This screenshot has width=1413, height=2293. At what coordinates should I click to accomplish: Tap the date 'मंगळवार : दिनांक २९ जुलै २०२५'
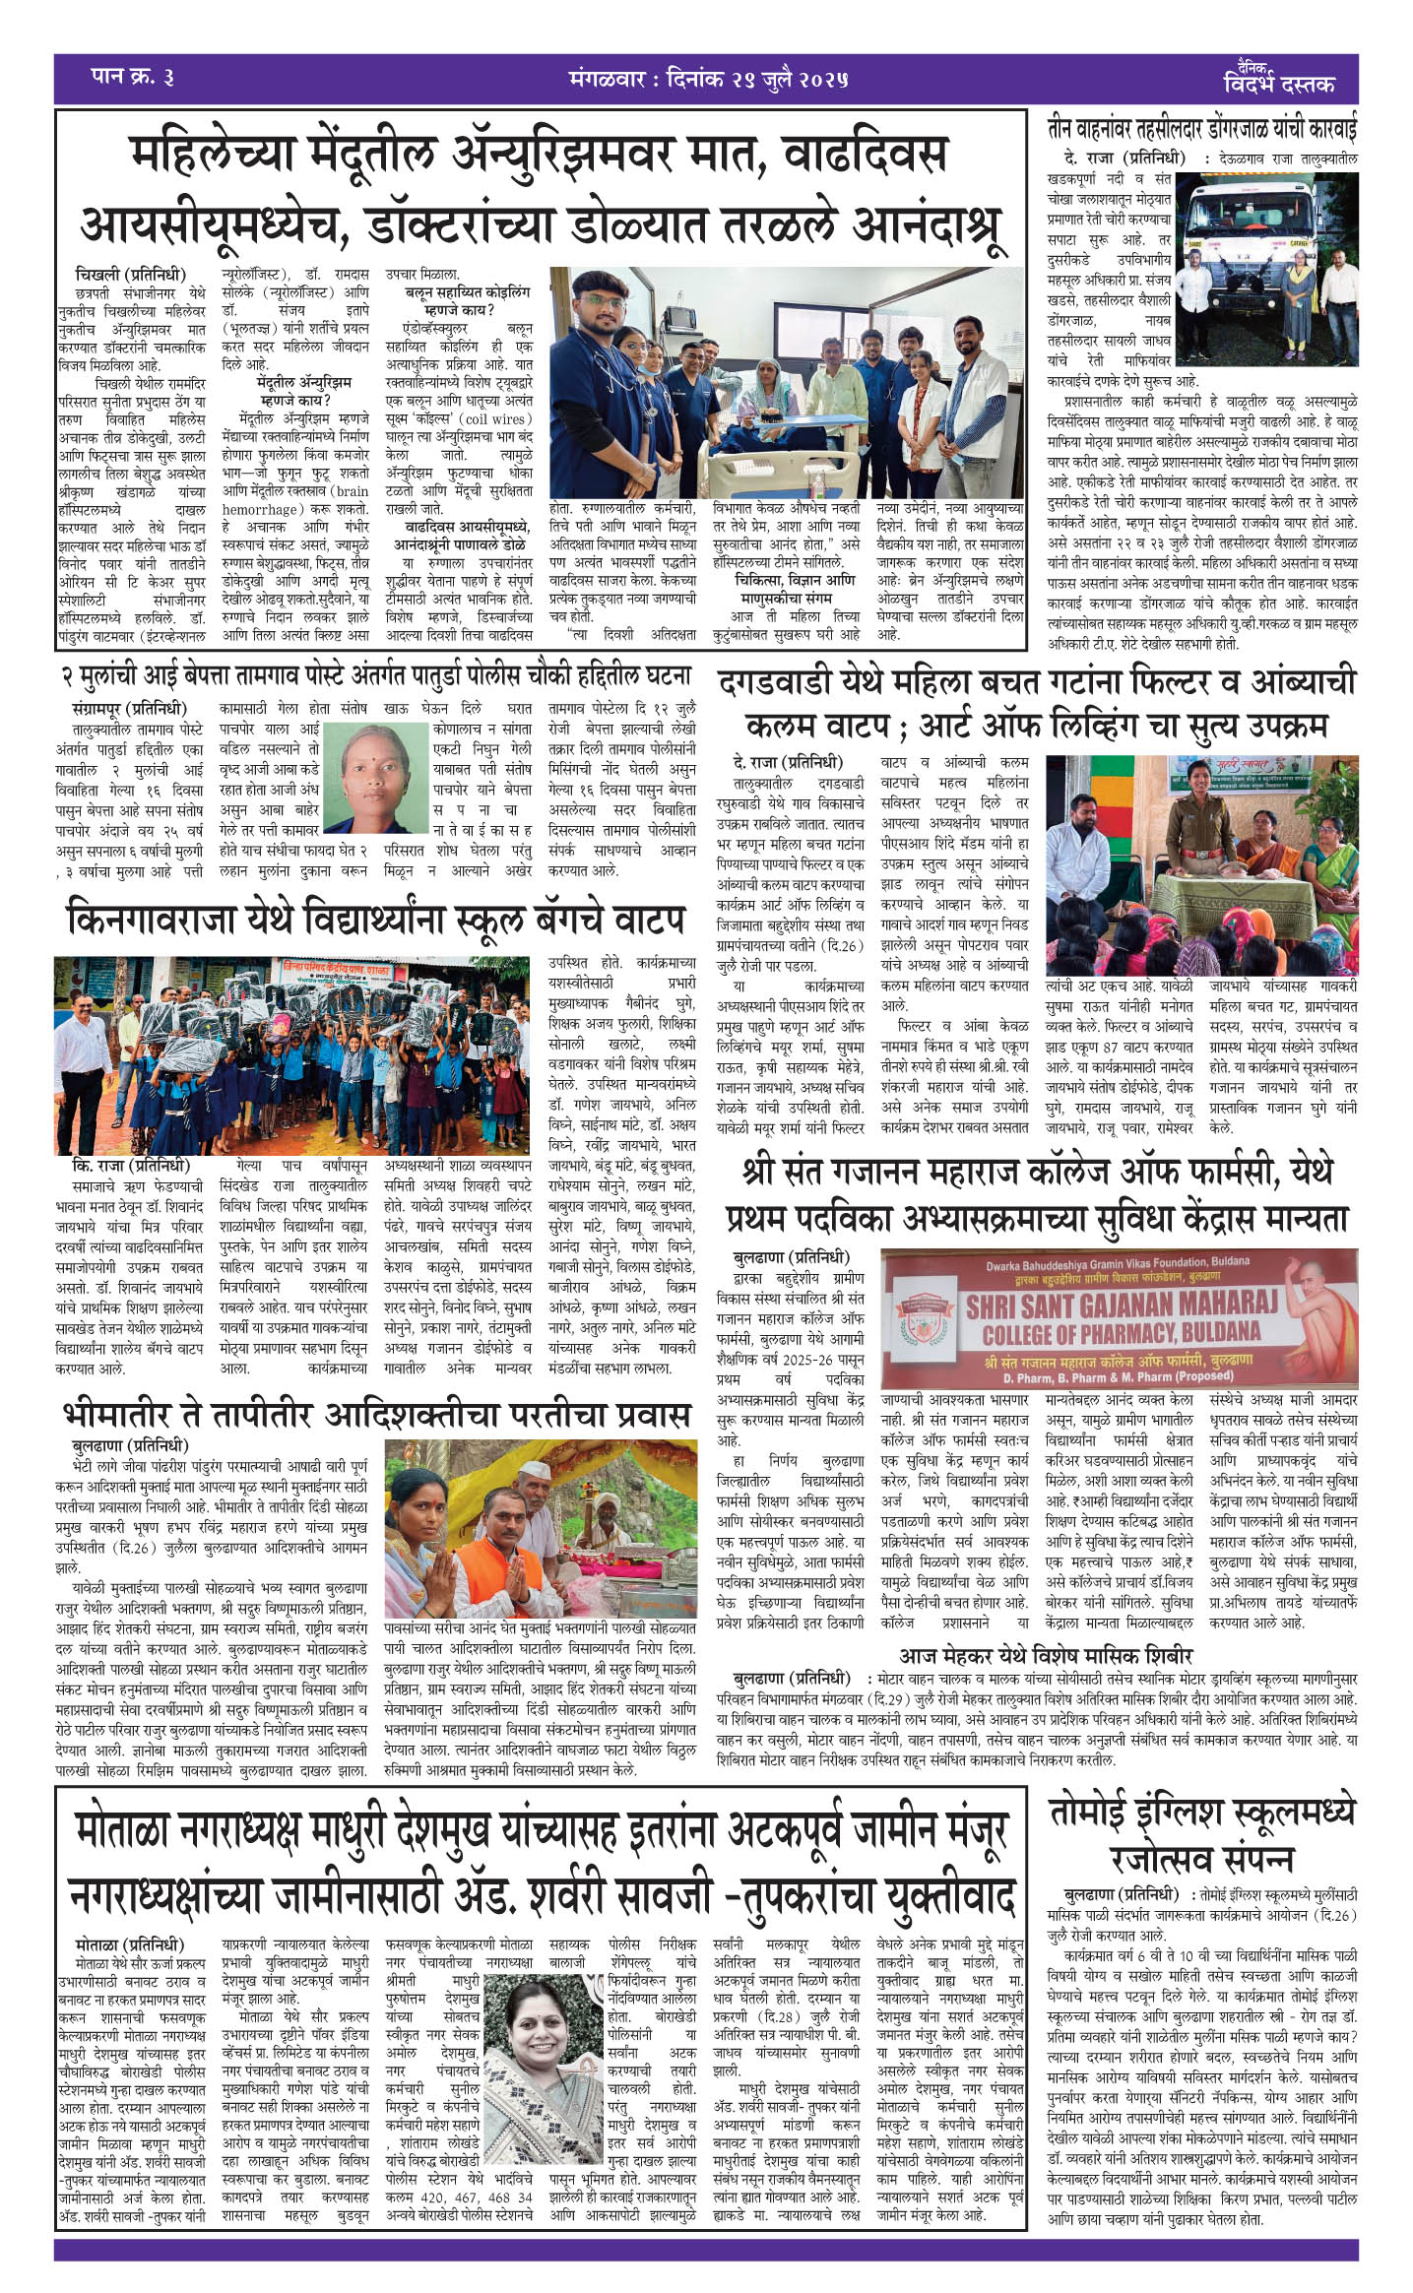pos(708,78)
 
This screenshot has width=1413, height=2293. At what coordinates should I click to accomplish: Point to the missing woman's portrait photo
pos(377,777)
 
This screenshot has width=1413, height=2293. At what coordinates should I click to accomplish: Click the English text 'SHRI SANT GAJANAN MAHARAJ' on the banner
pos(1122,1306)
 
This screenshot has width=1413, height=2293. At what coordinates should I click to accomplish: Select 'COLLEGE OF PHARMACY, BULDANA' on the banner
pos(1122,1333)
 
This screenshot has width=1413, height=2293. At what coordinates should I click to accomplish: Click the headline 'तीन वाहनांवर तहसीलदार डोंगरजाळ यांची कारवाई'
pos(1201,130)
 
